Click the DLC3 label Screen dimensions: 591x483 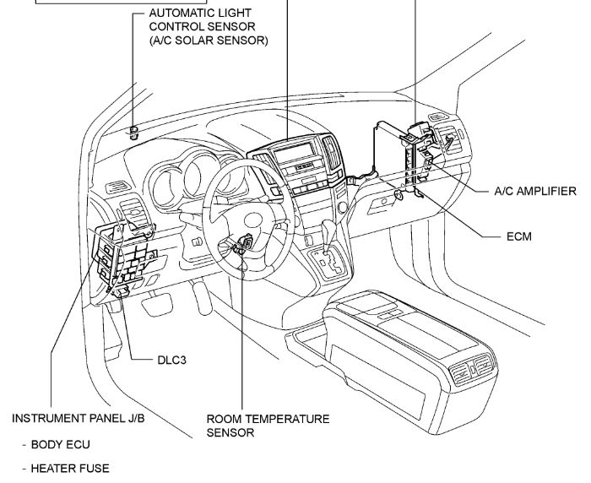click(x=172, y=360)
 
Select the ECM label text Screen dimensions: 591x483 click(x=519, y=236)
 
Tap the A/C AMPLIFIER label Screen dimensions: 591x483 click(x=535, y=191)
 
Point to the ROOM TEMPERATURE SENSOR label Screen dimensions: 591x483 click(x=268, y=426)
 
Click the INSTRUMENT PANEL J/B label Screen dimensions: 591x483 click(x=79, y=418)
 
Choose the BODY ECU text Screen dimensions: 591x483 click(x=60, y=444)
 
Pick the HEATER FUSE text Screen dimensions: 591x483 click(x=70, y=469)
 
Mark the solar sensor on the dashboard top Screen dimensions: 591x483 click(x=133, y=133)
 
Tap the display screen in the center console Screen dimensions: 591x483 click(x=294, y=150)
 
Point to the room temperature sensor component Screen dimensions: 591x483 click(x=245, y=242)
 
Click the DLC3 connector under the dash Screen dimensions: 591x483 click(x=123, y=290)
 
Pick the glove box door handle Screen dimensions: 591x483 click(x=383, y=203)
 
